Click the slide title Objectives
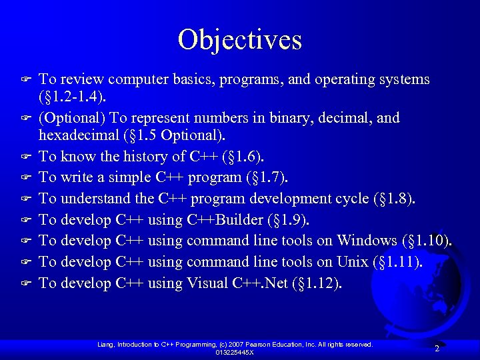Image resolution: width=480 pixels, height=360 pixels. tap(240, 39)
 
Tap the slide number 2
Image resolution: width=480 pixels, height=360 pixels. tap(437, 348)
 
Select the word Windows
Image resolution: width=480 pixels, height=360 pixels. tap(367, 241)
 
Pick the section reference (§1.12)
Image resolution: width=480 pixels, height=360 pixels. tap(317, 283)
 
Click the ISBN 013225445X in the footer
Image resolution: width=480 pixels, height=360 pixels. tap(235, 352)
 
